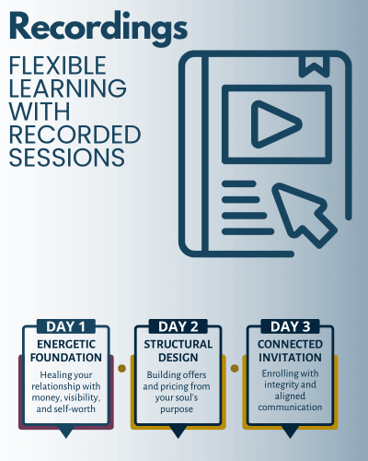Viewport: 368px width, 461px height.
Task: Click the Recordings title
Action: [x=98, y=29]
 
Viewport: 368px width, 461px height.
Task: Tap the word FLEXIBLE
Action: [x=58, y=65]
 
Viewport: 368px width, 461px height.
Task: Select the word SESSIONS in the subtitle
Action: [x=67, y=158]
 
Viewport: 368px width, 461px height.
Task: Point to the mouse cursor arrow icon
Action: [x=305, y=215]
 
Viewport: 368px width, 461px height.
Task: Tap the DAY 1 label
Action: [x=65, y=326]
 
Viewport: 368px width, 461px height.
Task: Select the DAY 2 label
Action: [x=178, y=326]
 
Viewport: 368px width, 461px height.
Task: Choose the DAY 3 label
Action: [x=290, y=326]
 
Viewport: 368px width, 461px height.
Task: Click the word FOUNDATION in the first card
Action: [x=66, y=358]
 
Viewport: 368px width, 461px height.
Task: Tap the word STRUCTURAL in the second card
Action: [x=178, y=344]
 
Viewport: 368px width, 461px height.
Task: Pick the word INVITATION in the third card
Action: [x=290, y=358]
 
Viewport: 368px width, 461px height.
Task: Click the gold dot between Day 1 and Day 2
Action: [x=121, y=368]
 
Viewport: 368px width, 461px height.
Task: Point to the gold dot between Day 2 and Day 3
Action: [x=235, y=368]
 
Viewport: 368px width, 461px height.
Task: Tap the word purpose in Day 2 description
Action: [x=177, y=409]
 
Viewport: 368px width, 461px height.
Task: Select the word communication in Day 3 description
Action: [x=290, y=408]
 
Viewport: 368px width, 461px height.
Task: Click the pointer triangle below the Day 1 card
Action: [x=65, y=431]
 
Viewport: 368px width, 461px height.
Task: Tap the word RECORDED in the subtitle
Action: [x=75, y=135]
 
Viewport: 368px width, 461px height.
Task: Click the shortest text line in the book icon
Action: [x=239, y=183]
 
